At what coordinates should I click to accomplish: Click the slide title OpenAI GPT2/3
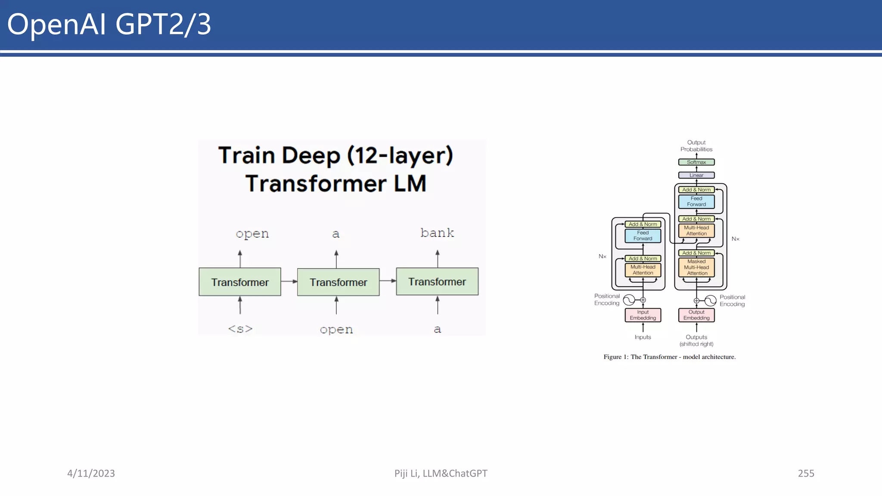[109, 24]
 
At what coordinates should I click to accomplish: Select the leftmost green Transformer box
[240, 282]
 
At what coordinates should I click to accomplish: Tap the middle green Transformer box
[338, 282]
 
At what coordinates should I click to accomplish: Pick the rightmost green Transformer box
[437, 282]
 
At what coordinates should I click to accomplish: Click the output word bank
[437, 233]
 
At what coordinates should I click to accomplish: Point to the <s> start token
[240, 329]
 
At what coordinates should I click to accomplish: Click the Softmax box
[696, 162]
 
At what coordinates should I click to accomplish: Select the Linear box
[696, 175]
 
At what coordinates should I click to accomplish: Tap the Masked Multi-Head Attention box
[696, 267]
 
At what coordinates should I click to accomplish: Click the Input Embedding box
[643, 315]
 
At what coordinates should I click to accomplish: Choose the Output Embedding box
[696, 315]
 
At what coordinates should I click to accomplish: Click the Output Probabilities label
[696, 146]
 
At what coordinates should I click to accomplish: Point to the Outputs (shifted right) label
[696, 340]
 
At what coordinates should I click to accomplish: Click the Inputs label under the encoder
[643, 337]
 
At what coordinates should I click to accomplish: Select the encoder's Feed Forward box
[643, 236]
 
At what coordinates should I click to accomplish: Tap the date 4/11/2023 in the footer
[91, 473]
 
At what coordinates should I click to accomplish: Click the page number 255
[806, 473]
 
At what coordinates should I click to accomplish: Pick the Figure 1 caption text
[669, 357]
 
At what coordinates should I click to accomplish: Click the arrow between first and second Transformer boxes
[289, 281]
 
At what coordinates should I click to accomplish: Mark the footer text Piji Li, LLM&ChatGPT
[441, 473]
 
